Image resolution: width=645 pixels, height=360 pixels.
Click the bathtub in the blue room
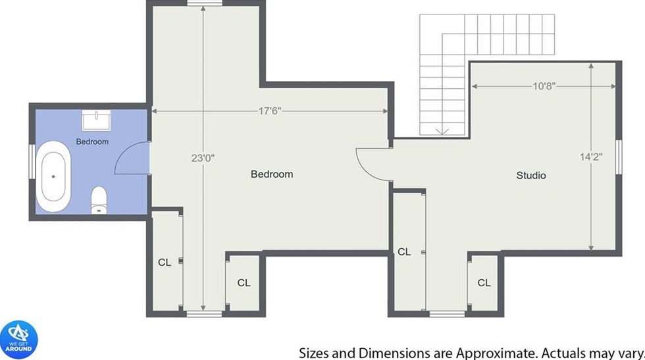click(53, 176)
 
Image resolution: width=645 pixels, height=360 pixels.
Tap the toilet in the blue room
click(99, 200)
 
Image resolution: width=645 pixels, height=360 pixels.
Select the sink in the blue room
click(96, 120)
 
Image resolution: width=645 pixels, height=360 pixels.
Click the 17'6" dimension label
click(270, 111)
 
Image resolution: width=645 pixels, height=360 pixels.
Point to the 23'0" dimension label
click(203, 158)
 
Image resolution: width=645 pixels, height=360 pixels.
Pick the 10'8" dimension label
click(544, 86)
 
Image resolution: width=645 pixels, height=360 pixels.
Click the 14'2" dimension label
click(591, 157)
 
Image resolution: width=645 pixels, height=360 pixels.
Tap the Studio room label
click(531, 176)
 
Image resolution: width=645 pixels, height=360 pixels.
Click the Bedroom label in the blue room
click(92, 141)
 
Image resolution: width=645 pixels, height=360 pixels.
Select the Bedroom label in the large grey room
click(272, 174)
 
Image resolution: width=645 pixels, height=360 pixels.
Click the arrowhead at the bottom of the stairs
click(442, 132)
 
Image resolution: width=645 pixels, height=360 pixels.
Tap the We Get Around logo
click(19, 340)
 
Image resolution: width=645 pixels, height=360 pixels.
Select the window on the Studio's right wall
click(618, 157)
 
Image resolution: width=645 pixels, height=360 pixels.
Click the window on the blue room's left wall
click(32, 161)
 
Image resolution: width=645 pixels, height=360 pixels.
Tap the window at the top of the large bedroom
click(205, 3)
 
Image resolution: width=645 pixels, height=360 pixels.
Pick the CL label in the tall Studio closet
click(404, 251)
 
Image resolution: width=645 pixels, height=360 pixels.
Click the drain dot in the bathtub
click(53, 176)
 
